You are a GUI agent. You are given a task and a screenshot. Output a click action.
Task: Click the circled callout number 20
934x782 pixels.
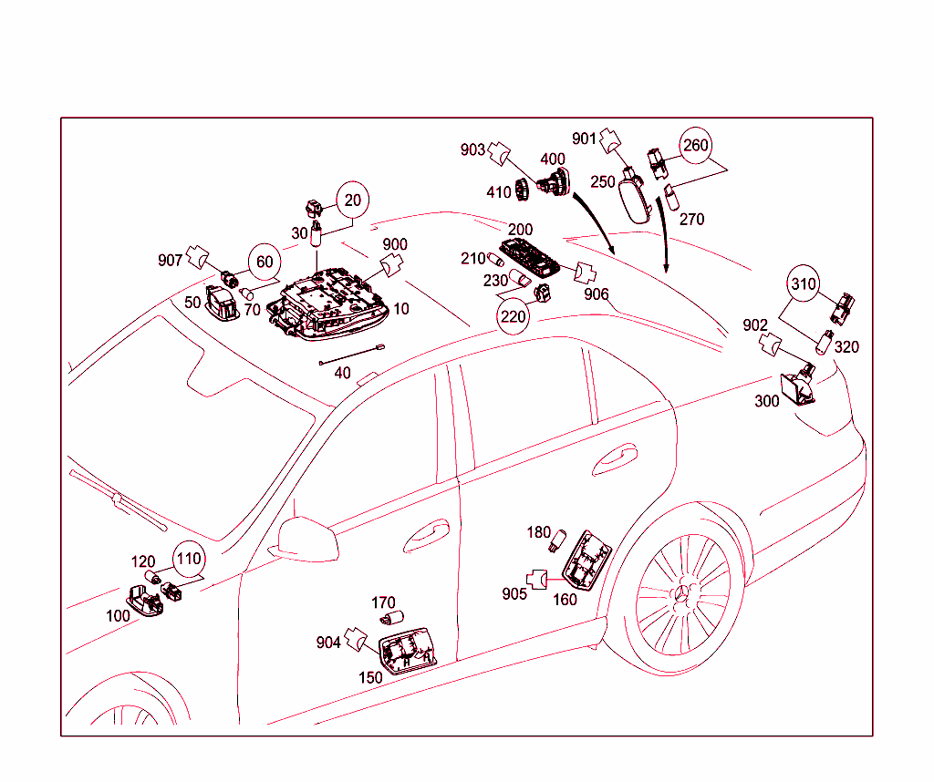pos(353,201)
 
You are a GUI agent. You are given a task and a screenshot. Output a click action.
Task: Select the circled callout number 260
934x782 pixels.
pos(695,146)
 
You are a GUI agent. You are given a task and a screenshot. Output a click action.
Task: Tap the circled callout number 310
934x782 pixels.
pos(804,284)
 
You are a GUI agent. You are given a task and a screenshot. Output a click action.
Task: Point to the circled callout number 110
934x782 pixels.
pos(188,559)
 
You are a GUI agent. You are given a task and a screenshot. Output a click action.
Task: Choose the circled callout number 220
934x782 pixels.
pos(513,316)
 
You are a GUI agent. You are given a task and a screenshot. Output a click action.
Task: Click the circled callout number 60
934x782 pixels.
pos(264,262)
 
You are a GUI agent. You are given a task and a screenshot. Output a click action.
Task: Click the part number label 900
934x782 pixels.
pos(394,245)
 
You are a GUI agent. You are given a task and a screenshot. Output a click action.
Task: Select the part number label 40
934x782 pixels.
pos(342,373)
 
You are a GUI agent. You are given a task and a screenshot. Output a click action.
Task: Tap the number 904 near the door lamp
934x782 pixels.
pos(328,643)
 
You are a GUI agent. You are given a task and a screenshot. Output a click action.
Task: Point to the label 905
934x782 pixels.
pos(514,594)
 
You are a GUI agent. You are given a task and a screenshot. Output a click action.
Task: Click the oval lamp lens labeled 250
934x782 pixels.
pos(636,198)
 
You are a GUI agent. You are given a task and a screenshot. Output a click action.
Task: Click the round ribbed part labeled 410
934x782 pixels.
pos(524,190)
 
